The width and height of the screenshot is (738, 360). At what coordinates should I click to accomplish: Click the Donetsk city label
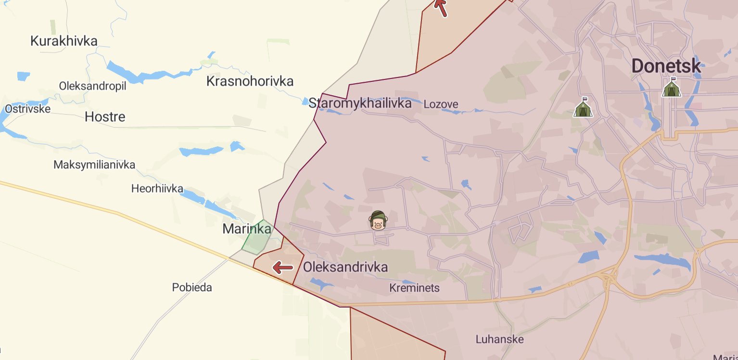[x=666, y=66]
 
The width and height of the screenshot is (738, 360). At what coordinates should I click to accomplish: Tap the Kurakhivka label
[x=64, y=41]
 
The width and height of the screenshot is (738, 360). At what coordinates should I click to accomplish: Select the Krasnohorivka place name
[x=250, y=81]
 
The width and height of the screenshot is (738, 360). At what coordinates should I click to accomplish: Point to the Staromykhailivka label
[x=360, y=103]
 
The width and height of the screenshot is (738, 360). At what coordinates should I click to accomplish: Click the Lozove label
[x=441, y=104]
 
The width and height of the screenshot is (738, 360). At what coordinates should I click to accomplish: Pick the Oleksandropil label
[x=92, y=86]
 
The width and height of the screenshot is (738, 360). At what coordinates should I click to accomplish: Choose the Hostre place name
[x=105, y=117]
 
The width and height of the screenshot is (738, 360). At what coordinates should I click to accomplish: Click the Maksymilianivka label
[x=94, y=165]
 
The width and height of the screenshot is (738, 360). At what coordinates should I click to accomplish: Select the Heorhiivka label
[x=157, y=189]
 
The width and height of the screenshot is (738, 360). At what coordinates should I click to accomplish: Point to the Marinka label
[x=247, y=229]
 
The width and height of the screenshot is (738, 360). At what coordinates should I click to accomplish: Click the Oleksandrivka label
[x=345, y=267]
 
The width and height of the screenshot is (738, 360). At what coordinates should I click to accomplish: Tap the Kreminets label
[x=414, y=288]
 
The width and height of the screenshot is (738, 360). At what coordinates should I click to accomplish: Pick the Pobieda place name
[x=192, y=288]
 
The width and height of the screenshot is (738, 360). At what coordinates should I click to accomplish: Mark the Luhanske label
[x=499, y=339]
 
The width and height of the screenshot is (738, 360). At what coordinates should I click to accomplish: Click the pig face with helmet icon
[x=378, y=221]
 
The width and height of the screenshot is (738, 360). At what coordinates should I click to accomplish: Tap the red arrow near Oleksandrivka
[x=283, y=267]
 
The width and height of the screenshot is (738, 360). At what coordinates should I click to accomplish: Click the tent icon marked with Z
[x=583, y=108]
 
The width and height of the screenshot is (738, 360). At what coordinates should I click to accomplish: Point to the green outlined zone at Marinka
[x=256, y=238]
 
